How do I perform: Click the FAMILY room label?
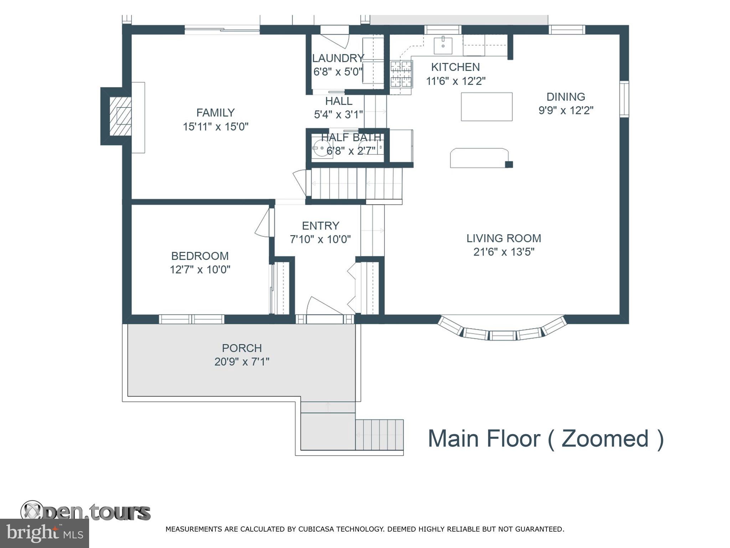[215, 113]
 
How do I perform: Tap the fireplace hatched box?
[120, 116]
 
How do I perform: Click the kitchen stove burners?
[401, 74]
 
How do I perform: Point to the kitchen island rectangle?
[487, 107]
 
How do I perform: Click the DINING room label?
[566, 97]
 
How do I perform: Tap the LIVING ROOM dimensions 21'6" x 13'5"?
[504, 252]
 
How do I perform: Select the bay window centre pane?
[502, 335]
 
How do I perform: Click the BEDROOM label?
[200, 256]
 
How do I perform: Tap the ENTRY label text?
[320, 225]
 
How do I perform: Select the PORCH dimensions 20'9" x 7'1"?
[242, 362]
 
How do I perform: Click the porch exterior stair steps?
[379, 435]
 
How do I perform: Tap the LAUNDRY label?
[338, 58]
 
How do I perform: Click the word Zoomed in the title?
[605, 438]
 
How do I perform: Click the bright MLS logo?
[44, 533]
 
